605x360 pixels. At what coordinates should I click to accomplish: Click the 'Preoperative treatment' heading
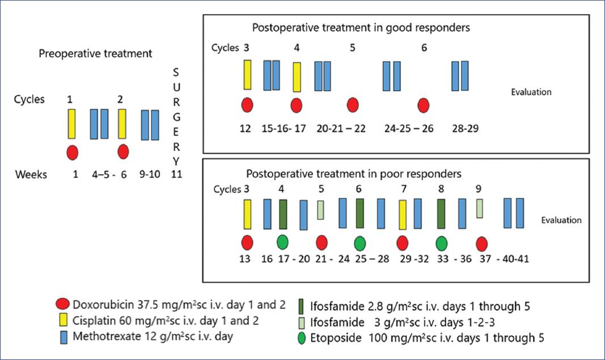point(95,54)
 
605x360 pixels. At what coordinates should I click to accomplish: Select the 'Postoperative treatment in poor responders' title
point(354,173)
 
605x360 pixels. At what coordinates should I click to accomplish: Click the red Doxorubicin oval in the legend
point(64,303)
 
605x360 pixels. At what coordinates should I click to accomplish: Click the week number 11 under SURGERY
point(176,175)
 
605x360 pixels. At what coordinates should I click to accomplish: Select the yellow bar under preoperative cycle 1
point(71,124)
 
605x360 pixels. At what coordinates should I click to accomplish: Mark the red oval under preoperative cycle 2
point(123,153)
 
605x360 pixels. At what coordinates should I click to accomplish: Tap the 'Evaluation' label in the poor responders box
point(561,221)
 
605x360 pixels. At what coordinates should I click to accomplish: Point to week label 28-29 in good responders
point(465,129)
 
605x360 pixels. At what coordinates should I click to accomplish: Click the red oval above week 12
point(247,105)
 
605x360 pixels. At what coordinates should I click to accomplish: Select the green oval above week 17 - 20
point(283,243)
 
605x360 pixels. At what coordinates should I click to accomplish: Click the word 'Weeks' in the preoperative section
point(31,175)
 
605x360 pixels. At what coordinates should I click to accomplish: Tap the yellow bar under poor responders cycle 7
point(403,214)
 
